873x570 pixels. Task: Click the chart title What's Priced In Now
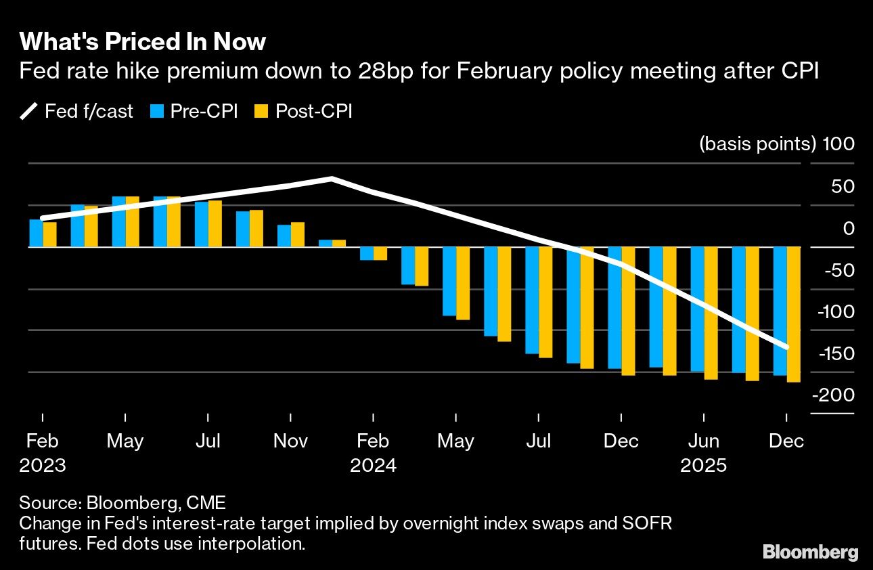point(142,42)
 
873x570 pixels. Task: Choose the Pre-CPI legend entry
point(194,111)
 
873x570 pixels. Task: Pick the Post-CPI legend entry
point(303,111)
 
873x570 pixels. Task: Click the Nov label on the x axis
point(290,441)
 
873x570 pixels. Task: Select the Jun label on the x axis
point(703,441)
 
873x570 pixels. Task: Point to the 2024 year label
point(373,466)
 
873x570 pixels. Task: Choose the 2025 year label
point(703,466)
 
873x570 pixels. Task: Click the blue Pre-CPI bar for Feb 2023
point(36,234)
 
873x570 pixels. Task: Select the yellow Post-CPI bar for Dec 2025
point(793,315)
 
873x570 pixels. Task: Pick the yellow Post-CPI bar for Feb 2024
point(380,254)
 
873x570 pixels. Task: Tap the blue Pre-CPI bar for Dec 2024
point(614,308)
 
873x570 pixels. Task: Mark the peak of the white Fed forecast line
point(332,179)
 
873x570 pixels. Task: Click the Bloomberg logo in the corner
point(810,552)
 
